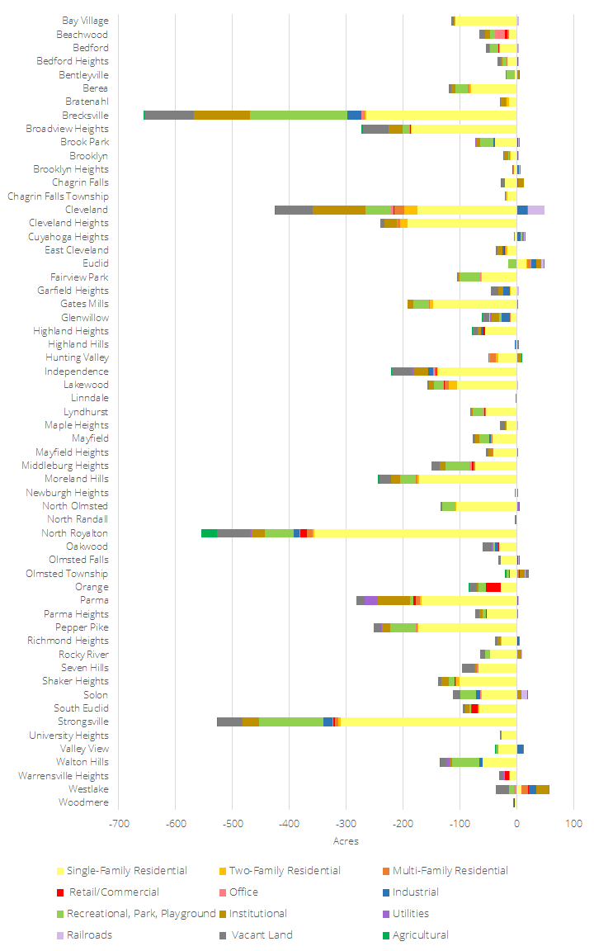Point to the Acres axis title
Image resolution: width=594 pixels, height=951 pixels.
(346, 841)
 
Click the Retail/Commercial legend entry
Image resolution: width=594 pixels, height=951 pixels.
(111, 892)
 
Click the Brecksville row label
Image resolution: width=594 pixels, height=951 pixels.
(85, 116)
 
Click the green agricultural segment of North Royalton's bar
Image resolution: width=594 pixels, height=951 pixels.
(209, 533)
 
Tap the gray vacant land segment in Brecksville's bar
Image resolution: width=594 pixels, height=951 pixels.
(169, 116)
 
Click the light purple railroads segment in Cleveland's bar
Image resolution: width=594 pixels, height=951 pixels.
(535, 210)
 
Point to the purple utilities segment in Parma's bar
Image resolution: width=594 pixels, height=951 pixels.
(371, 600)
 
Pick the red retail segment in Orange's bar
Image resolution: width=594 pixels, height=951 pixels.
(493, 587)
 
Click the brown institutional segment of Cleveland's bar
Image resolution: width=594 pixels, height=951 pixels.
(339, 210)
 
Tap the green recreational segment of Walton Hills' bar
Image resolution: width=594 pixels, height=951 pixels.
(465, 762)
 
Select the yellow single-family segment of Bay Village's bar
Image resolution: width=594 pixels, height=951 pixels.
(487, 21)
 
